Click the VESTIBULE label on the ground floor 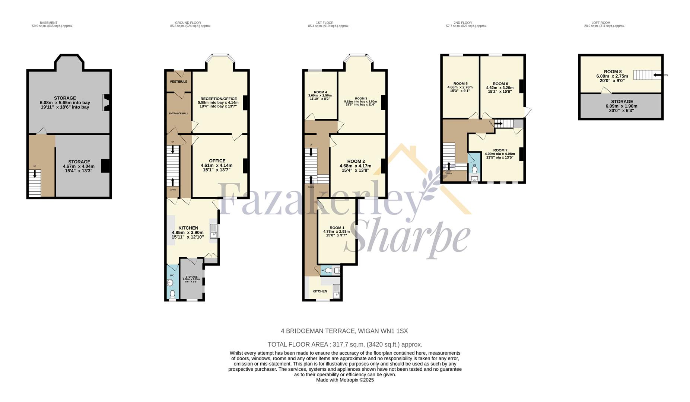point(178,82)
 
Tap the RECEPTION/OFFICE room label point(219,98)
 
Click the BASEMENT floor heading point(48,23)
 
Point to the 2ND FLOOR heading point(462,23)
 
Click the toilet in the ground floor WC point(172,295)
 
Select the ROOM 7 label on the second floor point(500,150)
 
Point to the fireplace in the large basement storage point(106,103)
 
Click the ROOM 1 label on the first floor point(337,228)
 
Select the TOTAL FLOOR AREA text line point(345,344)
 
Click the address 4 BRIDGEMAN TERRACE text point(344,331)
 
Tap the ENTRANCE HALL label point(178,114)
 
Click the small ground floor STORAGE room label point(191,277)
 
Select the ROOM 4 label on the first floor point(320,92)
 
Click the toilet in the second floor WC point(474,170)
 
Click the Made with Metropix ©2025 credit point(345,380)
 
